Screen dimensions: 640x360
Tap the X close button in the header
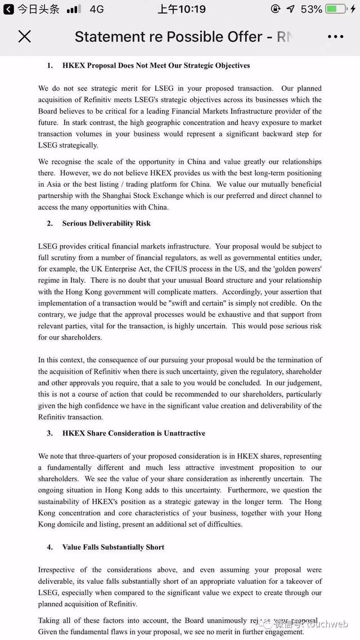(x=24, y=37)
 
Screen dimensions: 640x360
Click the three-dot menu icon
(x=335, y=37)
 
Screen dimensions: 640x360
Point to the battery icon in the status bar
(x=337, y=9)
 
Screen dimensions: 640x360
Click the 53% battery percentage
(x=311, y=9)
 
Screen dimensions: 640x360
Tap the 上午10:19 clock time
(x=182, y=9)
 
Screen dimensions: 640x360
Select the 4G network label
(x=97, y=9)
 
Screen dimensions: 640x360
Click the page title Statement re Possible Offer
(x=169, y=37)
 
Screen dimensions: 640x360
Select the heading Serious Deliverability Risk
(x=106, y=223)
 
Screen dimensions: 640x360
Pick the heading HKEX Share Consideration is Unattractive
(x=133, y=433)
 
